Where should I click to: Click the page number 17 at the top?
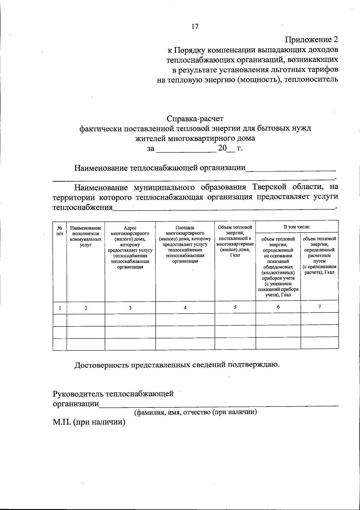pyautogui.click(x=195, y=26)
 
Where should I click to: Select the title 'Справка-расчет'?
pyautogui.click(x=195, y=119)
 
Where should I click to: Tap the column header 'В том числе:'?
pyautogui.click(x=297, y=227)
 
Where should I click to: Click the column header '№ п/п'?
pyautogui.click(x=60, y=230)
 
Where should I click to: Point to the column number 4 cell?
pyautogui.click(x=185, y=308)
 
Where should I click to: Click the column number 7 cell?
pyautogui.click(x=319, y=306)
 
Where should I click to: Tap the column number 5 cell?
pyautogui.click(x=235, y=307)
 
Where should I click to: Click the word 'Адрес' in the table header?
pyautogui.click(x=130, y=228)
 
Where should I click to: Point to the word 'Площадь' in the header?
pyautogui.click(x=185, y=228)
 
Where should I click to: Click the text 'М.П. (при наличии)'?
pyautogui.click(x=89, y=422)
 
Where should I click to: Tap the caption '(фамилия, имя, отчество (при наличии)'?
pyautogui.click(x=196, y=412)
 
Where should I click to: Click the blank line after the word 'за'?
pyautogui.click(x=186, y=149)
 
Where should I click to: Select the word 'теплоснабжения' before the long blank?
pyautogui.click(x=83, y=207)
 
